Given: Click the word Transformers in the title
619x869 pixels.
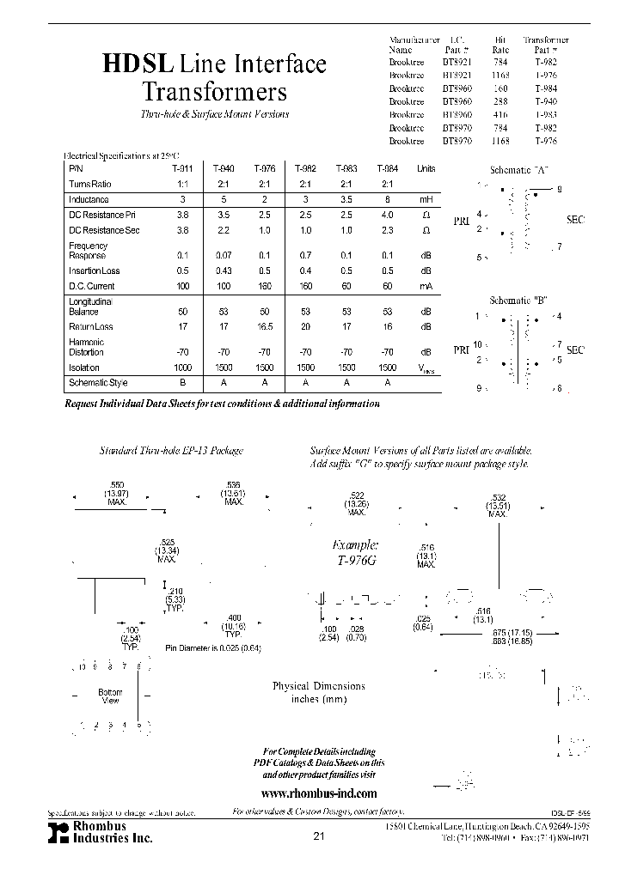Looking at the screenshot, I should (213, 92).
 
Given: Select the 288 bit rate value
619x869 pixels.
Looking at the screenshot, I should (501, 100).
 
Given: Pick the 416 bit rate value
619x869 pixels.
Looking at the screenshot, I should (501, 113).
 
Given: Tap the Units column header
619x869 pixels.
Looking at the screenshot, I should (426, 169).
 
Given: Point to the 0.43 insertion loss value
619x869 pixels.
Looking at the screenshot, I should (223, 270).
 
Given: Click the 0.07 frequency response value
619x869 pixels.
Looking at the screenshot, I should (223, 256).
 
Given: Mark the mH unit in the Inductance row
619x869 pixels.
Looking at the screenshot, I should (426, 199).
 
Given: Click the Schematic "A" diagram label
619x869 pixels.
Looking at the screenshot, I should (518, 169).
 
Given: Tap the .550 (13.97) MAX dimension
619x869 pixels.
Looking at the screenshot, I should (115, 497).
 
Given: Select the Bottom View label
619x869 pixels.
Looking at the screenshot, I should (110, 696).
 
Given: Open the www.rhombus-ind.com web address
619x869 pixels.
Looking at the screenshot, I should (318, 793).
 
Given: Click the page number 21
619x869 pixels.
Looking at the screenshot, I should (319, 836).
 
